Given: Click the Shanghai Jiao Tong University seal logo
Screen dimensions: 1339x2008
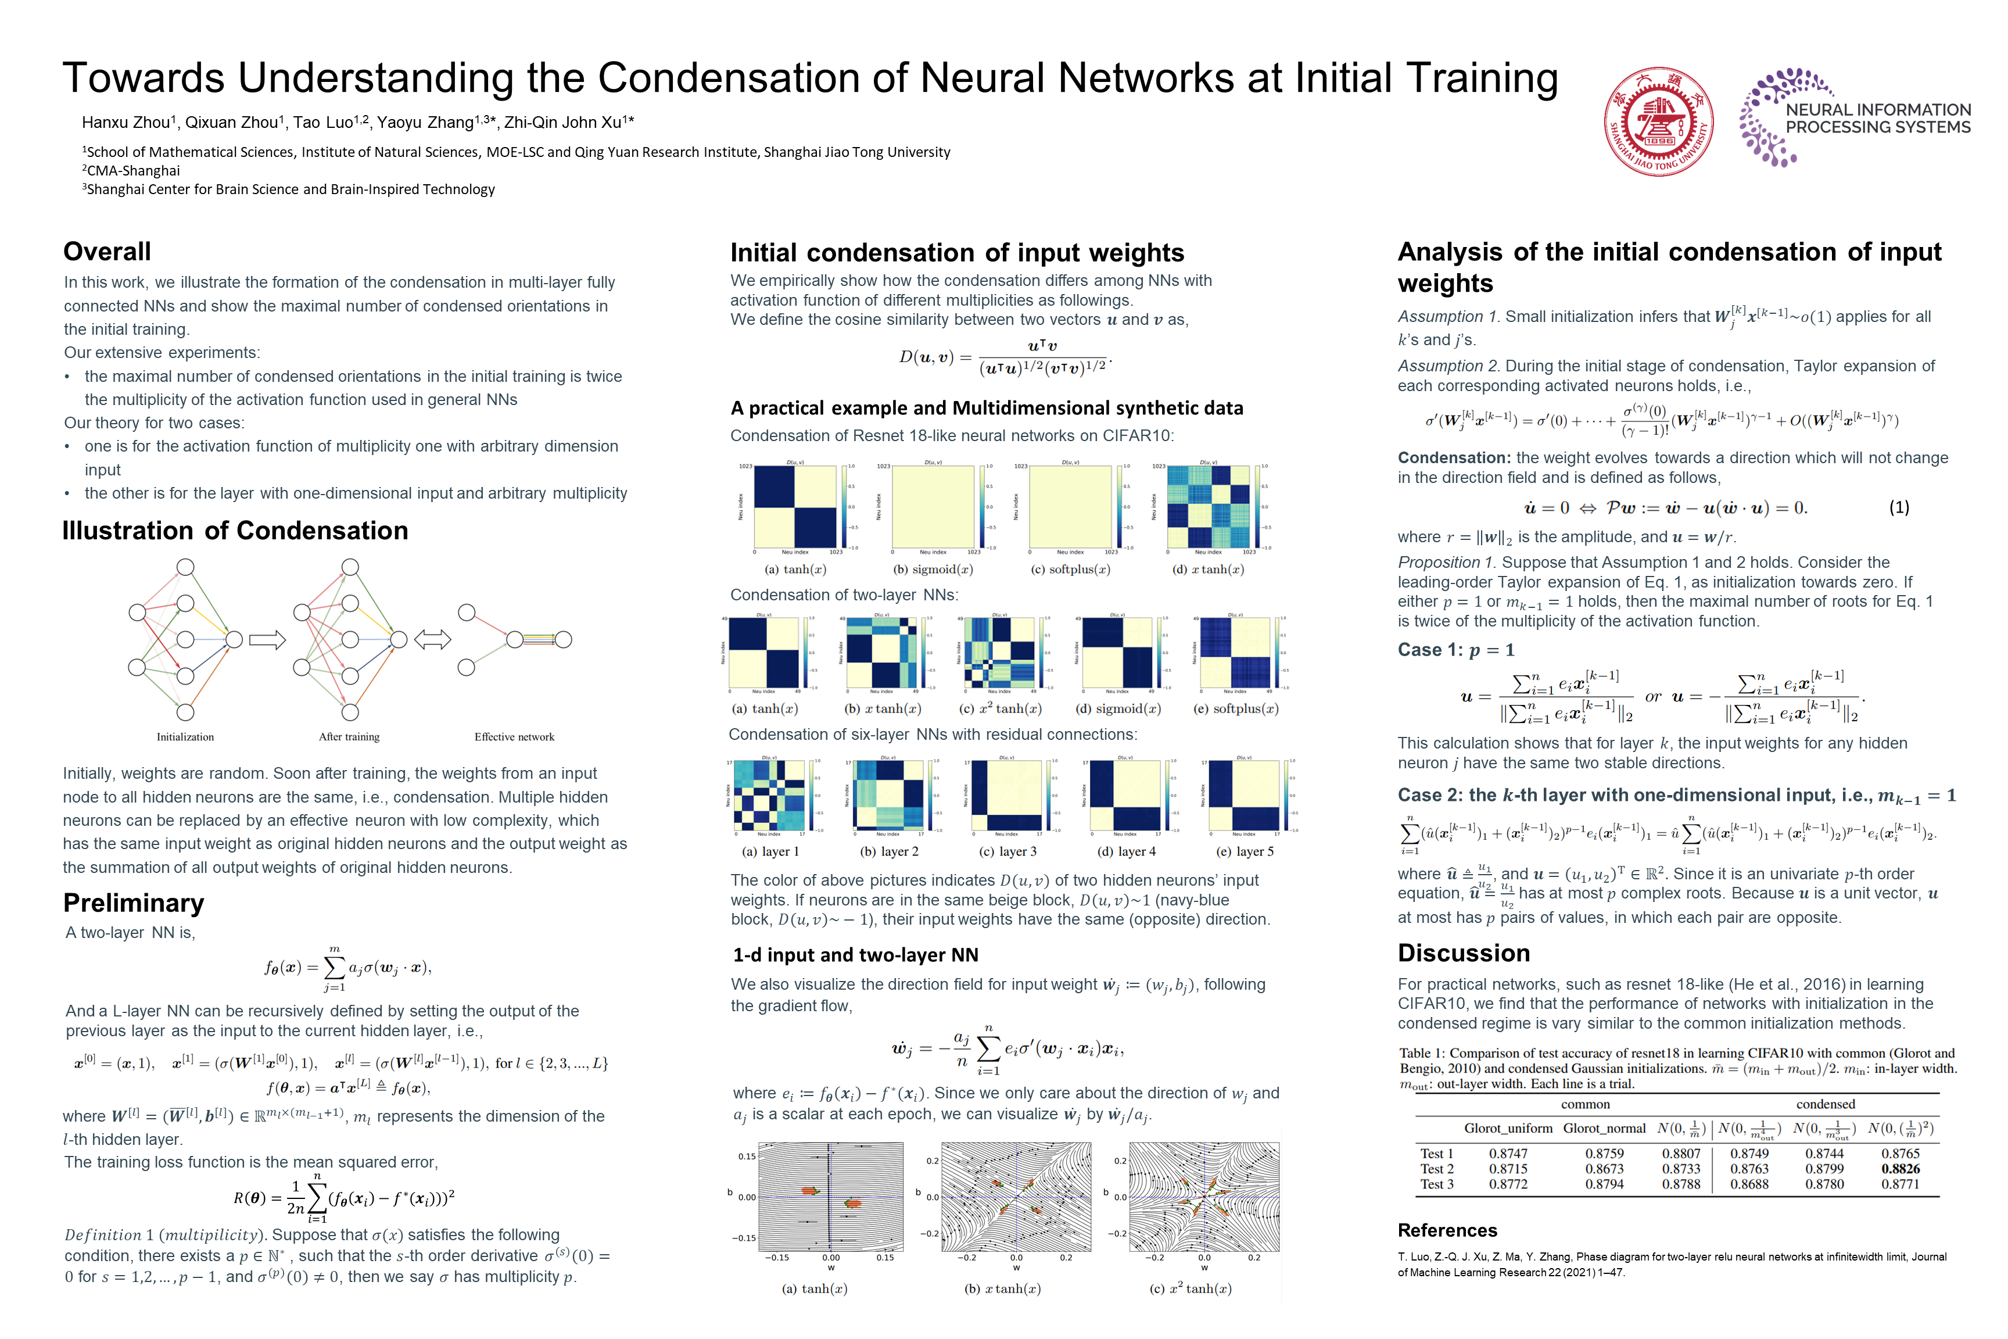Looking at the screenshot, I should pyautogui.click(x=1659, y=122).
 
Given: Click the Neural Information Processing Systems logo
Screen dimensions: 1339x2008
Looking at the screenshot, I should pyautogui.click(x=1855, y=118).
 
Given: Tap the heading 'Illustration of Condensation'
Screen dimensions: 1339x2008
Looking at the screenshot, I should pyautogui.click(x=235, y=531).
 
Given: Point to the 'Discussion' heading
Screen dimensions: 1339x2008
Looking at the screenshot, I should pyautogui.click(x=1464, y=953).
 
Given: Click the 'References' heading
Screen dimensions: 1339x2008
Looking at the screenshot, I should pyautogui.click(x=1447, y=1230).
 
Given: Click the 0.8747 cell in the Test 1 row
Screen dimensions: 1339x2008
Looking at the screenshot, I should pyautogui.click(x=1508, y=1154).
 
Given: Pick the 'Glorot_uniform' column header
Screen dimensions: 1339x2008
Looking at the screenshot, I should pyautogui.click(x=1508, y=1129).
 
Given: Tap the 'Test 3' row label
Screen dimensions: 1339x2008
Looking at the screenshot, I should pyautogui.click(x=1437, y=1184).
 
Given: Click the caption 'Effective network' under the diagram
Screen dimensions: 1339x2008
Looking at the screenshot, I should pyautogui.click(x=514, y=737).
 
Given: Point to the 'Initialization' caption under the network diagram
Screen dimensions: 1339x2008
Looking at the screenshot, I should pyautogui.click(x=185, y=737).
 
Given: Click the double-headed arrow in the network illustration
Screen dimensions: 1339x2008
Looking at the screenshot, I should pyautogui.click(x=432, y=640).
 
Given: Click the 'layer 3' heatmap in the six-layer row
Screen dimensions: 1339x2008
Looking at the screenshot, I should pyautogui.click(x=1006, y=796).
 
